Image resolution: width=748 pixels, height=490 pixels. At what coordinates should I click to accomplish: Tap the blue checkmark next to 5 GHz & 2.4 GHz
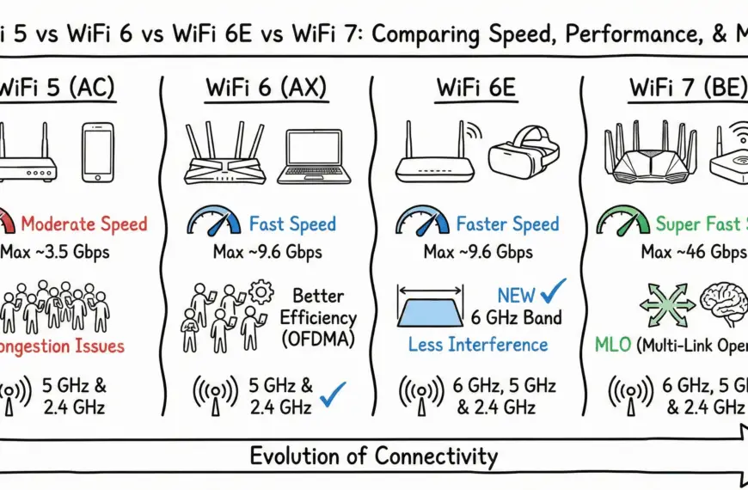click(x=332, y=395)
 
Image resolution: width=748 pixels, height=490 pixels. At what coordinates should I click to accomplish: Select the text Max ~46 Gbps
click(x=692, y=254)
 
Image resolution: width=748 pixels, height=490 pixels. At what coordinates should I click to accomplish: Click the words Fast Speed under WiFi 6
click(x=292, y=225)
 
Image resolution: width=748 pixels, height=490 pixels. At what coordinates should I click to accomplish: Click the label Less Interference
click(x=478, y=345)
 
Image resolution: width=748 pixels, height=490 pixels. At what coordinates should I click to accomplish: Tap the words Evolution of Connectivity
click(x=373, y=456)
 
